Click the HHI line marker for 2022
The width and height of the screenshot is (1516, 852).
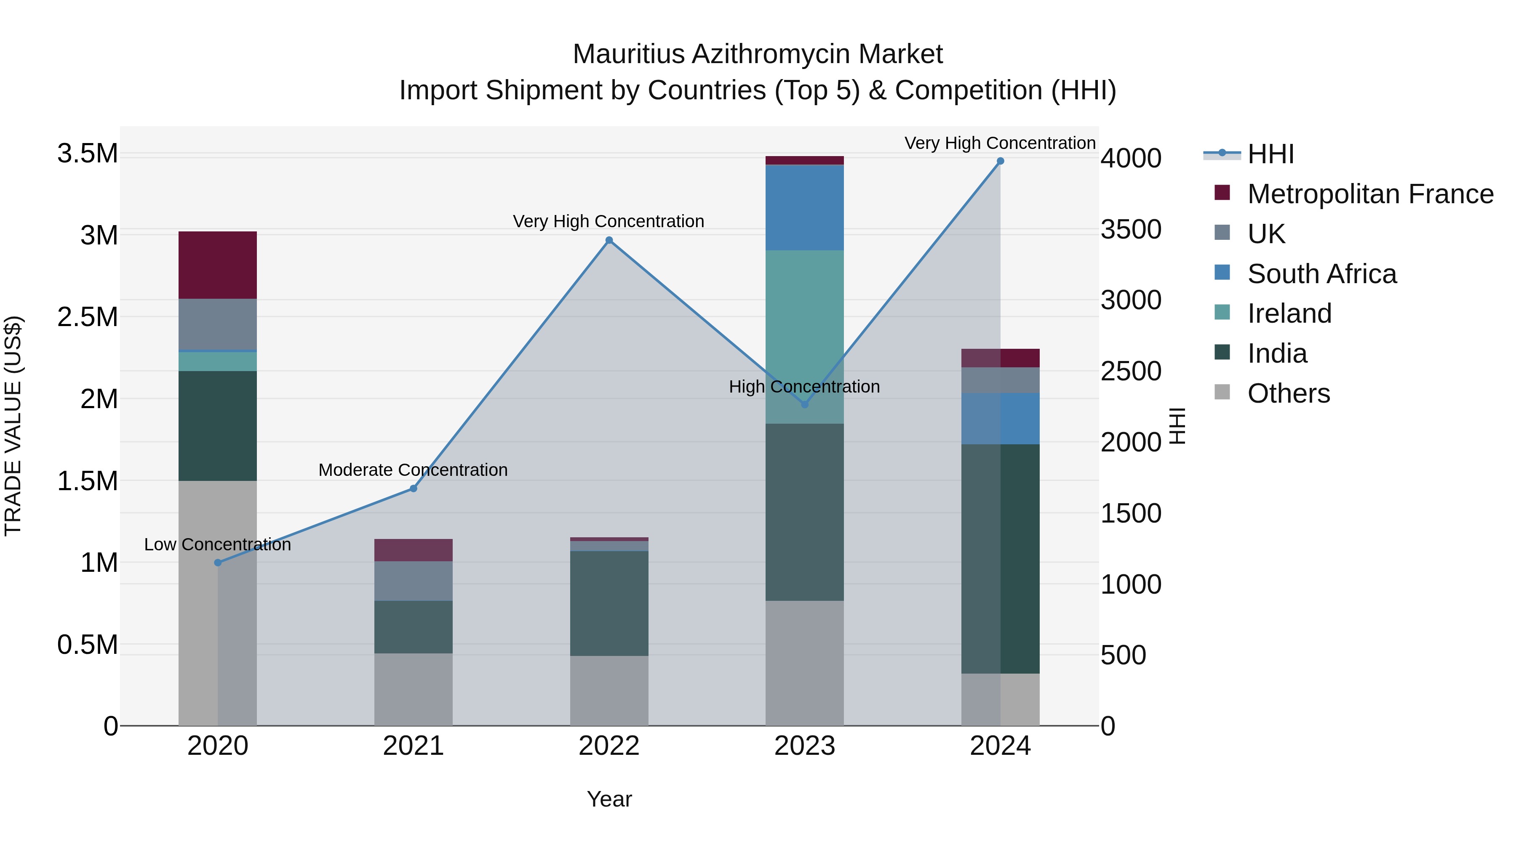pyautogui.click(x=609, y=240)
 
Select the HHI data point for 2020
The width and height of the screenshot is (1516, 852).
pyautogui.click(x=218, y=563)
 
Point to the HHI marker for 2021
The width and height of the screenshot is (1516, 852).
pyautogui.click(x=413, y=488)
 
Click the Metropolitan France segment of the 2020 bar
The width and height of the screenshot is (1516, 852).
pyautogui.click(x=218, y=265)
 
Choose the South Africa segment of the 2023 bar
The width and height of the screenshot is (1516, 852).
pyautogui.click(x=804, y=207)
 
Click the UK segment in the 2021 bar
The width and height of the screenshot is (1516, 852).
pyautogui.click(x=413, y=581)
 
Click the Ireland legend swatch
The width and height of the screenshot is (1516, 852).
pyautogui.click(x=1222, y=312)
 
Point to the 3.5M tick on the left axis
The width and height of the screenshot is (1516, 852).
pyautogui.click(x=87, y=154)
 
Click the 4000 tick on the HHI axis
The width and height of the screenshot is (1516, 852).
pyautogui.click(x=1131, y=158)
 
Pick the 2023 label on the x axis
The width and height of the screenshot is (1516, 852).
pyautogui.click(x=804, y=746)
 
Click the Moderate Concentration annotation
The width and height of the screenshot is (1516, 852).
pyautogui.click(x=413, y=470)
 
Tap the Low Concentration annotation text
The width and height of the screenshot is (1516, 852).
pyautogui.click(x=218, y=544)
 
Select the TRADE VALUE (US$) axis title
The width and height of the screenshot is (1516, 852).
pyautogui.click(x=13, y=426)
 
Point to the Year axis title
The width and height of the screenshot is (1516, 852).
pyautogui.click(x=609, y=799)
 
